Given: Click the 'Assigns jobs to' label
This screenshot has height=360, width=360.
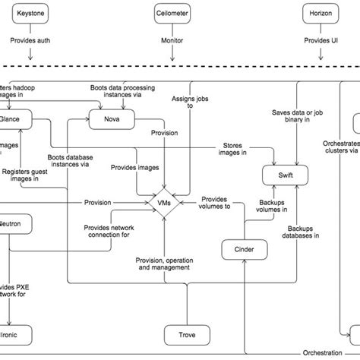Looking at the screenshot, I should [x=184, y=102].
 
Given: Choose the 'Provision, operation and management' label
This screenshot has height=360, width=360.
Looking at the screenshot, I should [x=163, y=264].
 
